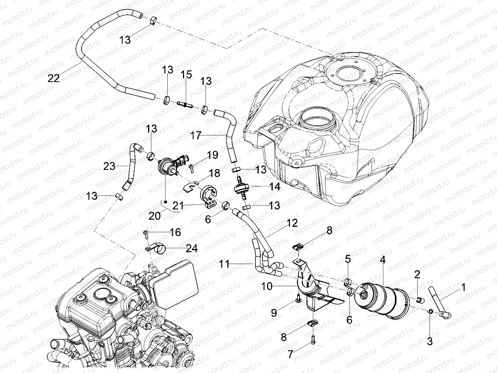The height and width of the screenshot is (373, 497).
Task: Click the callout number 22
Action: [x=53, y=78]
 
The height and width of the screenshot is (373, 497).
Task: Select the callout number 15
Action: [x=186, y=75]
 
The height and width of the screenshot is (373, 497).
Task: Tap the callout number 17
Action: [x=196, y=135]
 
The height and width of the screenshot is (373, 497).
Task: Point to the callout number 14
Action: [x=274, y=187]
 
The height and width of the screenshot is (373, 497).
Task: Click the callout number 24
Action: [x=192, y=248]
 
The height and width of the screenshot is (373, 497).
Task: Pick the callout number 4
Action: [x=382, y=260]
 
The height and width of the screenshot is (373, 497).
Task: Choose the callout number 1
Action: [x=463, y=288]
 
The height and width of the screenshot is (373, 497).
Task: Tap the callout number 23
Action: [x=109, y=165]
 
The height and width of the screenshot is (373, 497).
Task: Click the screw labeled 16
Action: [x=146, y=233]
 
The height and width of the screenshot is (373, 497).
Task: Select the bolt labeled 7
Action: [x=313, y=340]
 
